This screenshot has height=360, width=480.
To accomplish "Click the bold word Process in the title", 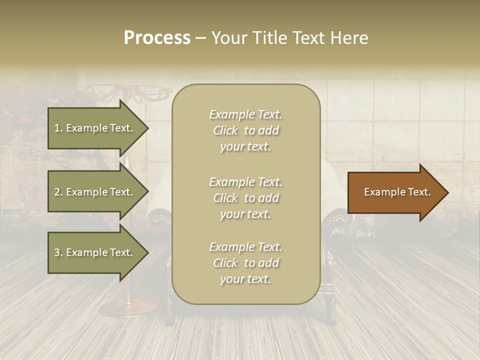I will tap(157, 38).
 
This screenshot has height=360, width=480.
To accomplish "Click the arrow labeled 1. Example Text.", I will tap(95, 128).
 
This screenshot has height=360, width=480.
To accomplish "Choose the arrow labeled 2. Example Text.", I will tap(95, 192).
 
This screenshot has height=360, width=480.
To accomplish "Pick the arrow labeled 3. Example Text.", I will tap(95, 252).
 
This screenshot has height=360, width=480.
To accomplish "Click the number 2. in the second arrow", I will tap(58, 192).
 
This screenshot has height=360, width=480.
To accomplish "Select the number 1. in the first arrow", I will tap(58, 128).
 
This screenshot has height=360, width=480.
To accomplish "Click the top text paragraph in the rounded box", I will tap(245, 130).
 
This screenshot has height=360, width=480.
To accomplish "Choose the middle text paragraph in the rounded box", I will tap(245, 198).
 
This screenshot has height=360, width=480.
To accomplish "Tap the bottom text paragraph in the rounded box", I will tap(245, 263).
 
